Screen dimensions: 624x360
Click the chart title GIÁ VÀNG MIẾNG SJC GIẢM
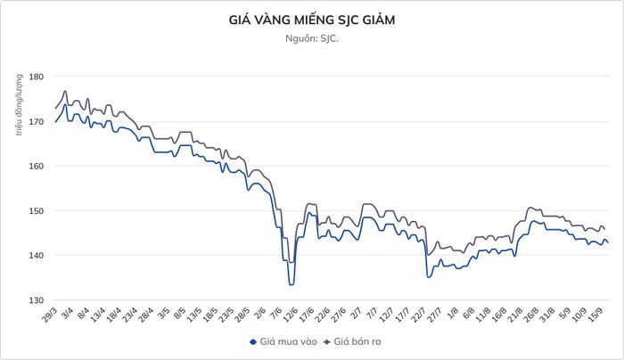(312, 20)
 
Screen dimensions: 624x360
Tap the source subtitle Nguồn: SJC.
(312, 38)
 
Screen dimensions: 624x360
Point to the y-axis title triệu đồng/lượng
(19, 104)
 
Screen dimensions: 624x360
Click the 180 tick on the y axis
(37, 76)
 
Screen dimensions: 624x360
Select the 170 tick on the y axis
(37, 121)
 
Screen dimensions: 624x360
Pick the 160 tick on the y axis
(37, 166)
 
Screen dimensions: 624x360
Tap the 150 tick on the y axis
(37, 211)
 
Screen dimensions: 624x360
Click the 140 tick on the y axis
(37, 256)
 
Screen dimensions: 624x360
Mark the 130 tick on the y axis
(37, 300)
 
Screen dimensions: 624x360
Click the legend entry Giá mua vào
(283, 341)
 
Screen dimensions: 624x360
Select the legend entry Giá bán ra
(352, 341)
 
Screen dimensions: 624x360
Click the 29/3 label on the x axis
(49, 315)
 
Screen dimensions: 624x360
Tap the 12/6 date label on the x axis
(290, 315)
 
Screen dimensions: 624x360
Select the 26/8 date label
(530, 315)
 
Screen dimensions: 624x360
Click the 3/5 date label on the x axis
(163, 314)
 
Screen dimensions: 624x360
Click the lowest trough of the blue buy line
(291, 285)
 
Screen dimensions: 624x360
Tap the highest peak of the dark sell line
(65, 91)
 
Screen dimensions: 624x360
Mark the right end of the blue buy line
(608, 242)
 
